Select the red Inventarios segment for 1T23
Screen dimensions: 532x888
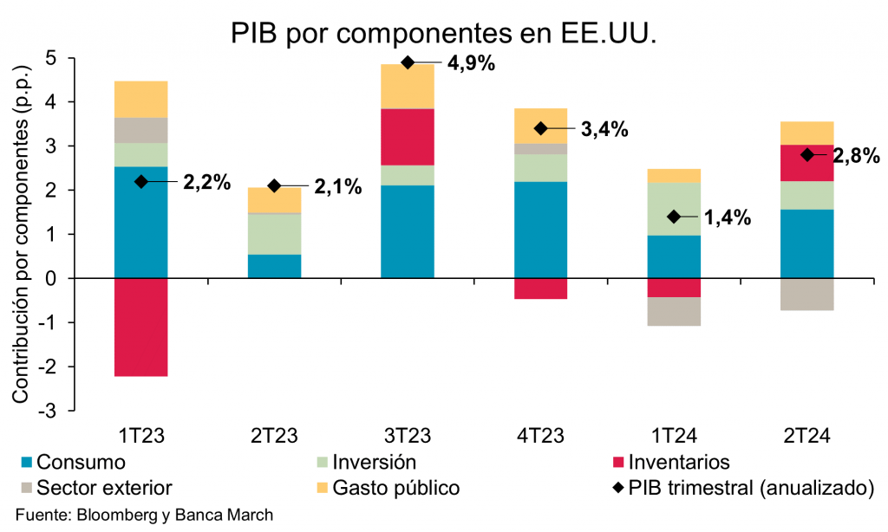pos(140,328)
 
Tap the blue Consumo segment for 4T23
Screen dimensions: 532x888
pos(541,230)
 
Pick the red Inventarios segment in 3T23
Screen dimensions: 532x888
pos(408,137)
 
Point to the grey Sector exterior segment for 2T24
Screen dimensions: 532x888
pos(807,295)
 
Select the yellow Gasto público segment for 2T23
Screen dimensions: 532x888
pos(274,200)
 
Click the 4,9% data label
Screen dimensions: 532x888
pos(470,62)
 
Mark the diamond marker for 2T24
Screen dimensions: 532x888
pos(807,155)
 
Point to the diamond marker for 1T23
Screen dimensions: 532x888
pos(140,181)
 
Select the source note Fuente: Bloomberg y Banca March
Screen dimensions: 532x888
pos(145,515)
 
